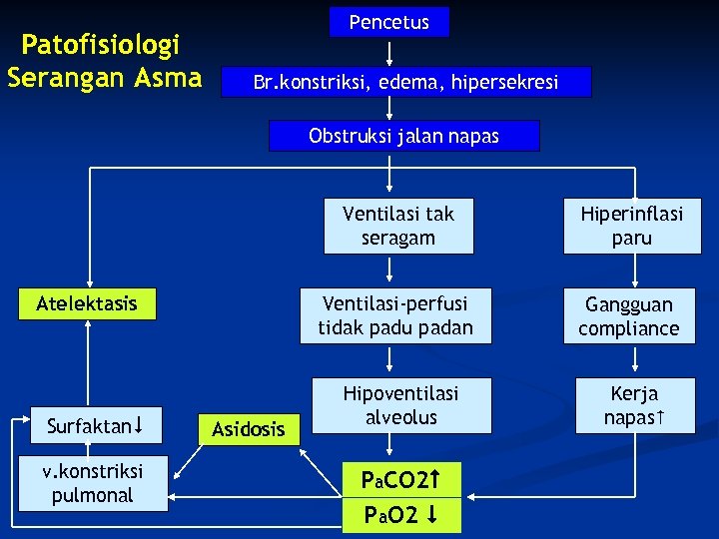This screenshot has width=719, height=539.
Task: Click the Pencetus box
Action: (389, 22)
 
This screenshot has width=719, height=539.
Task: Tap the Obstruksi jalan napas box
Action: (403, 136)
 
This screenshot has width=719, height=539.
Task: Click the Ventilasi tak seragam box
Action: (397, 226)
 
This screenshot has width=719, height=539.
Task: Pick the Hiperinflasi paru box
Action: (631, 226)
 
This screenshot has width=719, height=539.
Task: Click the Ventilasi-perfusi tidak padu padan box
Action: (395, 315)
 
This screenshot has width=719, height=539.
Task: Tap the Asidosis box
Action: (248, 429)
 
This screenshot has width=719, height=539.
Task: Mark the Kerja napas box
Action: (634, 405)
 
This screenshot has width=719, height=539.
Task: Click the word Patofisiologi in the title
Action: (101, 45)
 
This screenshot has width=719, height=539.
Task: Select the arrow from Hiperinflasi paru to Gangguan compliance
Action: (631, 269)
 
